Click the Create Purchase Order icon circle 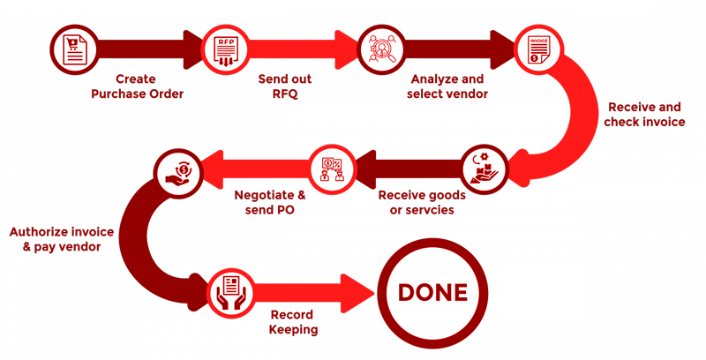[73, 49]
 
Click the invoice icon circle [538, 49]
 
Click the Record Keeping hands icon [231, 292]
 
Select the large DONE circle [432, 292]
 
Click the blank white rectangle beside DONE [543, 291]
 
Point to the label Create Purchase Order [137, 86]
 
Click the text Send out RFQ [284, 86]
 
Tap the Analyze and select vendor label [447, 86]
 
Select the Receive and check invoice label [644, 114]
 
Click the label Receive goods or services [422, 201]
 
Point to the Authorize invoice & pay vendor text [62, 239]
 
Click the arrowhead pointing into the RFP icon [192, 49]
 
